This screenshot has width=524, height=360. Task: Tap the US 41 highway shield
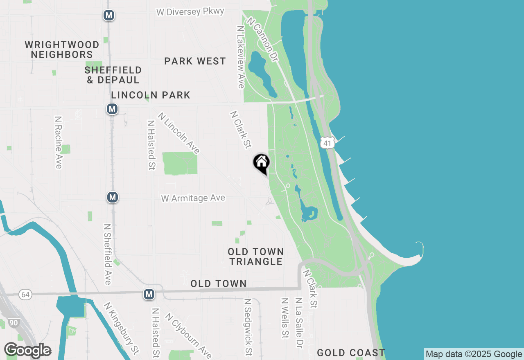pyautogui.click(x=327, y=143)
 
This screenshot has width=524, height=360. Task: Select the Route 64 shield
pyautogui.click(x=25, y=295)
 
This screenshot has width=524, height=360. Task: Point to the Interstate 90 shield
pyautogui.click(x=14, y=323)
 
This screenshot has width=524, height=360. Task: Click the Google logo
pyautogui.click(x=27, y=350)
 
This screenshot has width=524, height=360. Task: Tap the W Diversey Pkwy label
pyautogui.click(x=190, y=11)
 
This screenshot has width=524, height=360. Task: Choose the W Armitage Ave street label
pyautogui.click(x=193, y=198)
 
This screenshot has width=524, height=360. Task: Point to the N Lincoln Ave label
pyautogui.click(x=179, y=133)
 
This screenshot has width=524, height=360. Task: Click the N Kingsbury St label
pyautogui.click(x=121, y=328)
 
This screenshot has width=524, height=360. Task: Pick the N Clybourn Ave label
pyautogui.click(x=188, y=335)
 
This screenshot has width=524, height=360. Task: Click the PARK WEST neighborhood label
pyautogui.click(x=195, y=61)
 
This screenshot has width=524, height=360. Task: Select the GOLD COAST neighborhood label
pyautogui.click(x=351, y=353)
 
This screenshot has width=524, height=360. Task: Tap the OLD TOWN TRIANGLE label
pyautogui.click(x=256, y=256)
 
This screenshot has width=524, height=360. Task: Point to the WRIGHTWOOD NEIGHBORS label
pyautogui.click(x=62, y=49)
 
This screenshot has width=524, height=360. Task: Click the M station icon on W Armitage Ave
pyautogui.click(x=113, y=198)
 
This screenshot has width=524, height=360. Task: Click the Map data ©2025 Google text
pyautogui.click(x=474, y=354)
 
